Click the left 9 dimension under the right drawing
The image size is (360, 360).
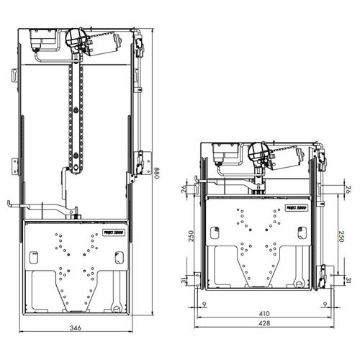[204, 305]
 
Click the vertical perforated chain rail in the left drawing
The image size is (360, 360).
[76, 115]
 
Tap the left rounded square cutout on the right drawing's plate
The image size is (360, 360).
[214, 233]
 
